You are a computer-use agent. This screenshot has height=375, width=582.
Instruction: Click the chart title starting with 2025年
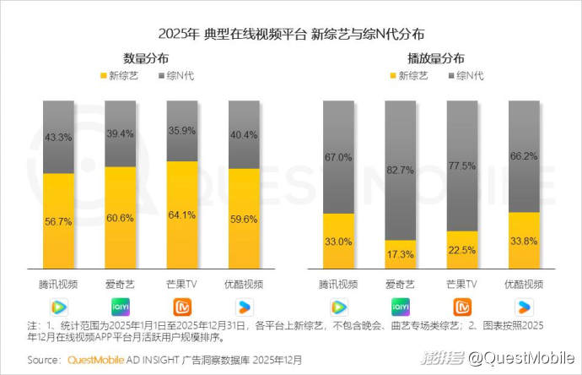[291, 34]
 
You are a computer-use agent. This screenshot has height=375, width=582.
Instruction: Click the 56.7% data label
[58, 222]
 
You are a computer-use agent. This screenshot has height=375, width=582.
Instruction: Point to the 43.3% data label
[58, 136]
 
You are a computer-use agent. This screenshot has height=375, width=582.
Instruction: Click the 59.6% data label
[245, 220]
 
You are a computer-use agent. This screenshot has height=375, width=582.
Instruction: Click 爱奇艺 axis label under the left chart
[121, 284]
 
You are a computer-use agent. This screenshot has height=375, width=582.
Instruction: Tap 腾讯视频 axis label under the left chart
[58, 284]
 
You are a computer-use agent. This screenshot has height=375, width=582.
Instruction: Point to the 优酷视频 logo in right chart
[524, 306]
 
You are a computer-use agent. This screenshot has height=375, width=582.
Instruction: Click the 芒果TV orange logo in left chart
[182, 306]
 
